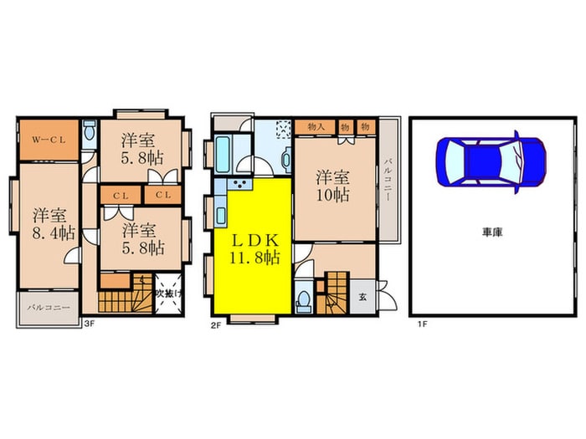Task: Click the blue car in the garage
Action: pyautogui.click(x=491, y=161)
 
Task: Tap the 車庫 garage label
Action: pyautogui.click(x=492, y=232)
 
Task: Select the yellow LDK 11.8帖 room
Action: pyautogui.click(x=253, y=247)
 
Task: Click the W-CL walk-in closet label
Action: pyautogui.click(x=49, y=140)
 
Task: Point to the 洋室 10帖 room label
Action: pyautogui.click(x=333, y=186)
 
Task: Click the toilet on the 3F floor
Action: pyautogui.click(x=89, y=132)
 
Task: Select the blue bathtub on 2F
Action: pyautogui.click(x=223, y=155)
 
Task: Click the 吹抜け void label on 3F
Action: pyautogui.click(x=169, y=294)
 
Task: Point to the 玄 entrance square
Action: pyautogui.click(x=362, y=298)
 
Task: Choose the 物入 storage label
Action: pyautogui.click(x=316, y=127)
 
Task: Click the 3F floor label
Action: pyautogui.click(x=89, y=324)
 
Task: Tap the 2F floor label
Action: pyautogui.click(x=216, y=325)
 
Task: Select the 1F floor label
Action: pyautogui.click(x=422, y=324)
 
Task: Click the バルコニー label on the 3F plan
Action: pyautogui.click(x=49, y=308)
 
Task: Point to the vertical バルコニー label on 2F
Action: pyautogui.click(x=388, y=180)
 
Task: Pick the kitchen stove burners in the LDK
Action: pyautogui.click(x=239, y=183)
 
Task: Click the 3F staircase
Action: pyautogui.click(x=126, y=294)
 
